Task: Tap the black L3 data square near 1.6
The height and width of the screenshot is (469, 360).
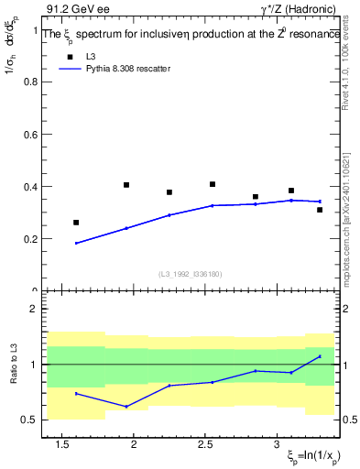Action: [76, 223]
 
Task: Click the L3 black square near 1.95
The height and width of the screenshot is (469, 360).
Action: [126, 185]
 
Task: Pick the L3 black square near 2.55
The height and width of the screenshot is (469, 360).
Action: [213, 184]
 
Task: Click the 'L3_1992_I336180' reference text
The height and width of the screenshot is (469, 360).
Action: [190, 274]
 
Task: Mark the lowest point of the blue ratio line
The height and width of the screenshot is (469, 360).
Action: [126, 406]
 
